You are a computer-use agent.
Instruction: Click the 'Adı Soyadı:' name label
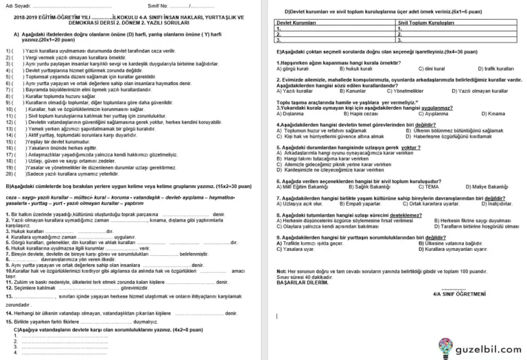(19, 5)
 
